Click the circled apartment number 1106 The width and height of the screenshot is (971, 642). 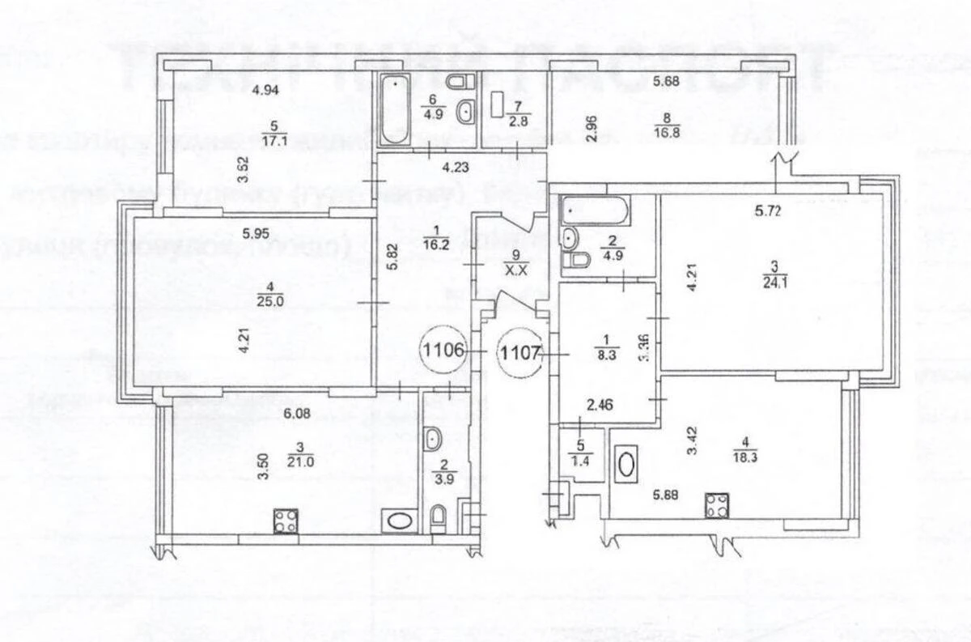443,351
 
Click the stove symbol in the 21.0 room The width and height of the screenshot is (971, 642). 285,520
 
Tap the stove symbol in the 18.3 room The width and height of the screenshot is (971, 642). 717,505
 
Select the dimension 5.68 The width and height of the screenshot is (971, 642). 668,80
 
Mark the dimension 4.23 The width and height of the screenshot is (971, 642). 457,170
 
